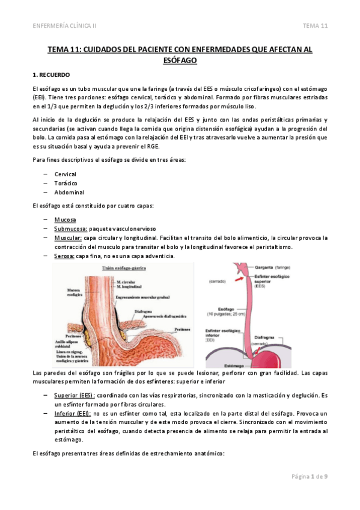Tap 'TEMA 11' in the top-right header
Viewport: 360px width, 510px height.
(315, 25)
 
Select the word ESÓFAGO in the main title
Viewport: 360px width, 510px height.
(180, 60)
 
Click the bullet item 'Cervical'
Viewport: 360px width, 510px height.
(65, 174)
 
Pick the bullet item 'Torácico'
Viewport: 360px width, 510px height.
(65, 183)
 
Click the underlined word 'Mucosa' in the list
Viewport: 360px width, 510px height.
(65, 220)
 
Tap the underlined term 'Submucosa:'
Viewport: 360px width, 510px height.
(71, 229)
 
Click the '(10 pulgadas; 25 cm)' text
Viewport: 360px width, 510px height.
(230, 313)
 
